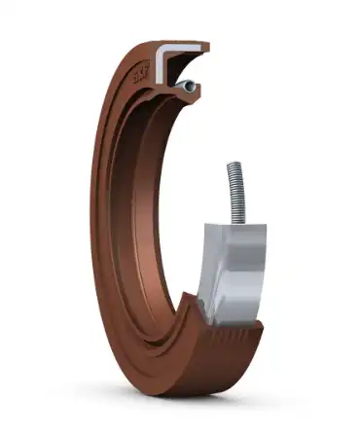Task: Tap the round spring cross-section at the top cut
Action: tap(188, 87)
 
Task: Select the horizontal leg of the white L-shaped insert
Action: tap(181, 48)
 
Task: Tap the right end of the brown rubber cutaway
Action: tap(261, 336)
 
